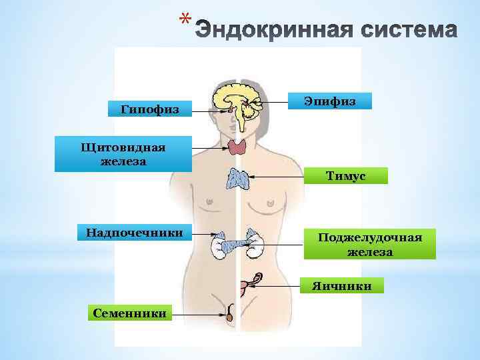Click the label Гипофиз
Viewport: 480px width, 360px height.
(150, 109)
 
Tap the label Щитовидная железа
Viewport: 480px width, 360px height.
(123, 154)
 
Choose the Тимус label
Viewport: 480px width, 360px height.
(345, 175)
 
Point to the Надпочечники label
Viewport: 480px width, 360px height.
(134, 233)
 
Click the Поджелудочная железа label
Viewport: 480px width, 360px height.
(370, 245)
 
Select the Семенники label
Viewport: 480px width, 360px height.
(129, 312)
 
